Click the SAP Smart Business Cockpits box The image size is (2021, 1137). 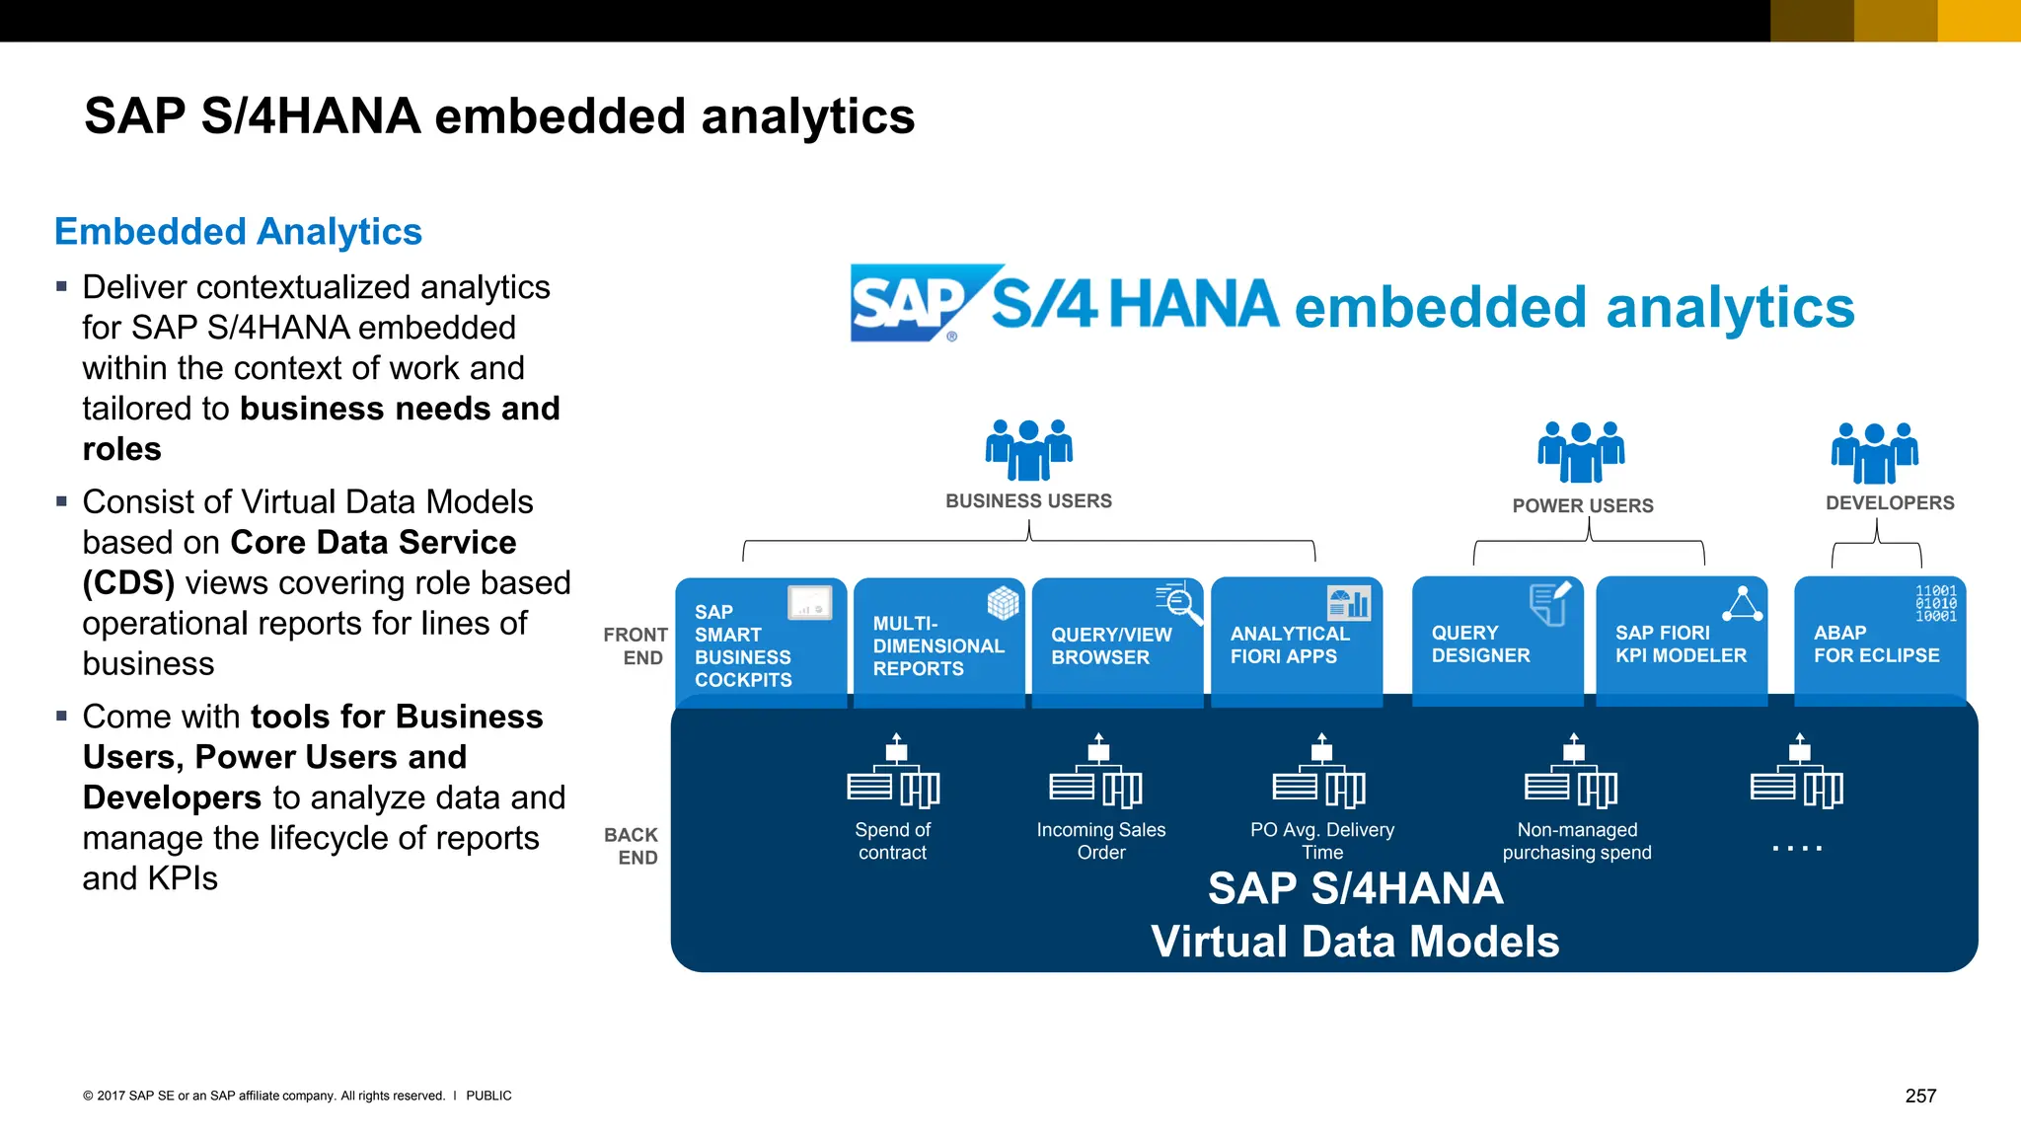point(761,643)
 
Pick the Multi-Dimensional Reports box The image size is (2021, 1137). point(938,643)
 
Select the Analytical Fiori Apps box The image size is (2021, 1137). point(1296,643)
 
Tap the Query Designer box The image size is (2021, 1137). point(1497,643)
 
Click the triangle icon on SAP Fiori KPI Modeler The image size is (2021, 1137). point(1743,604)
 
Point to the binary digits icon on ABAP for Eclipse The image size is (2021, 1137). point(1935,603)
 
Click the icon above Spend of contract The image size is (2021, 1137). point(894,772)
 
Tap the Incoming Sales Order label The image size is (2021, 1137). point(1100,841)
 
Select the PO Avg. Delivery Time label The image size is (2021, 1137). point(1322,841)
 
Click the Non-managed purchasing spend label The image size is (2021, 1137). point(1577,841)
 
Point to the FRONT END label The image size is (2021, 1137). point(636,646)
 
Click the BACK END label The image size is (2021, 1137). point(632,846)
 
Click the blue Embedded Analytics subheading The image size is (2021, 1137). point(238,231)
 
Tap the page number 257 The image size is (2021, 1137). point(1920,1096)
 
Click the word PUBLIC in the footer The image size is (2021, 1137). point(488,1096)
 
